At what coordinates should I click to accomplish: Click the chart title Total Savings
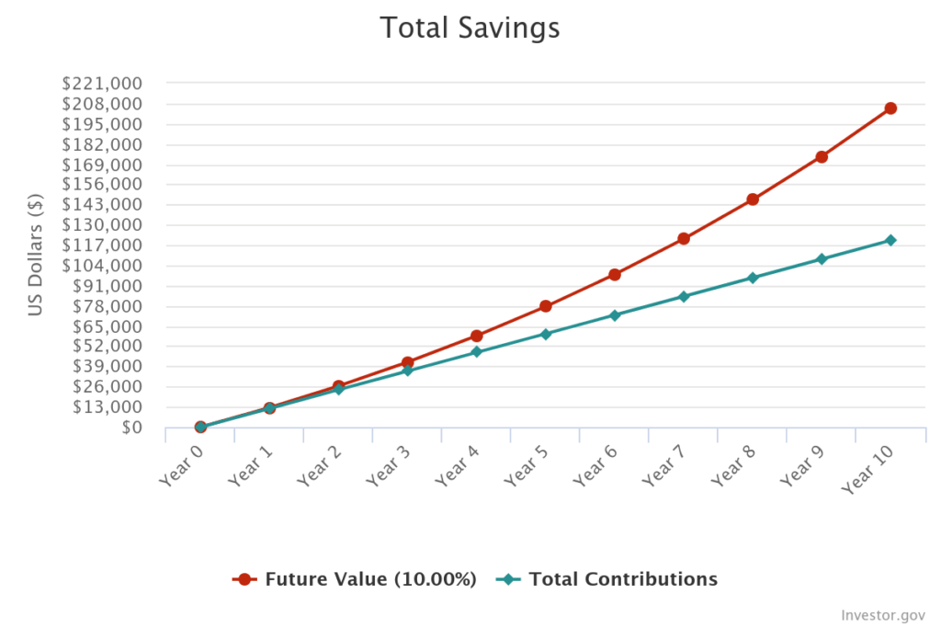(x=470, y=28)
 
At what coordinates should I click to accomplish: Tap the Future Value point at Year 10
(x=890, y=108)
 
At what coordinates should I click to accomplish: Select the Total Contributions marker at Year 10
(x=890, y=240)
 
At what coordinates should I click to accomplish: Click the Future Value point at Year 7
(x=684, y=239)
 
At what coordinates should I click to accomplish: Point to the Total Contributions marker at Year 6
(x=615, y=315)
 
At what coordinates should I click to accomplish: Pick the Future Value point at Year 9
(x=822, y=157)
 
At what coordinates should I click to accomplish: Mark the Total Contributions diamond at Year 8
(x=753, y=278)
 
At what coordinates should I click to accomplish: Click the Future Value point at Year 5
(x=546, y=306)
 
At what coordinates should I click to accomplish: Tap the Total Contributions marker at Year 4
(x=477, y=352)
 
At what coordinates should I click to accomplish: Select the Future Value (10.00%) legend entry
(x=356, y=579)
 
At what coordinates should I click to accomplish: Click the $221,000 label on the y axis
(x=101, y=84)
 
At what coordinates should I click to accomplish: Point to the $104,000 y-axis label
(x=101, y=266)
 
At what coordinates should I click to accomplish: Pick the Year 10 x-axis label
(x=868, y=471)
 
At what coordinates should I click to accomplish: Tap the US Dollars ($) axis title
(x=36, y=254)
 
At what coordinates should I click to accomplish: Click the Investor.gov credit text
(x=883, y=614)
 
